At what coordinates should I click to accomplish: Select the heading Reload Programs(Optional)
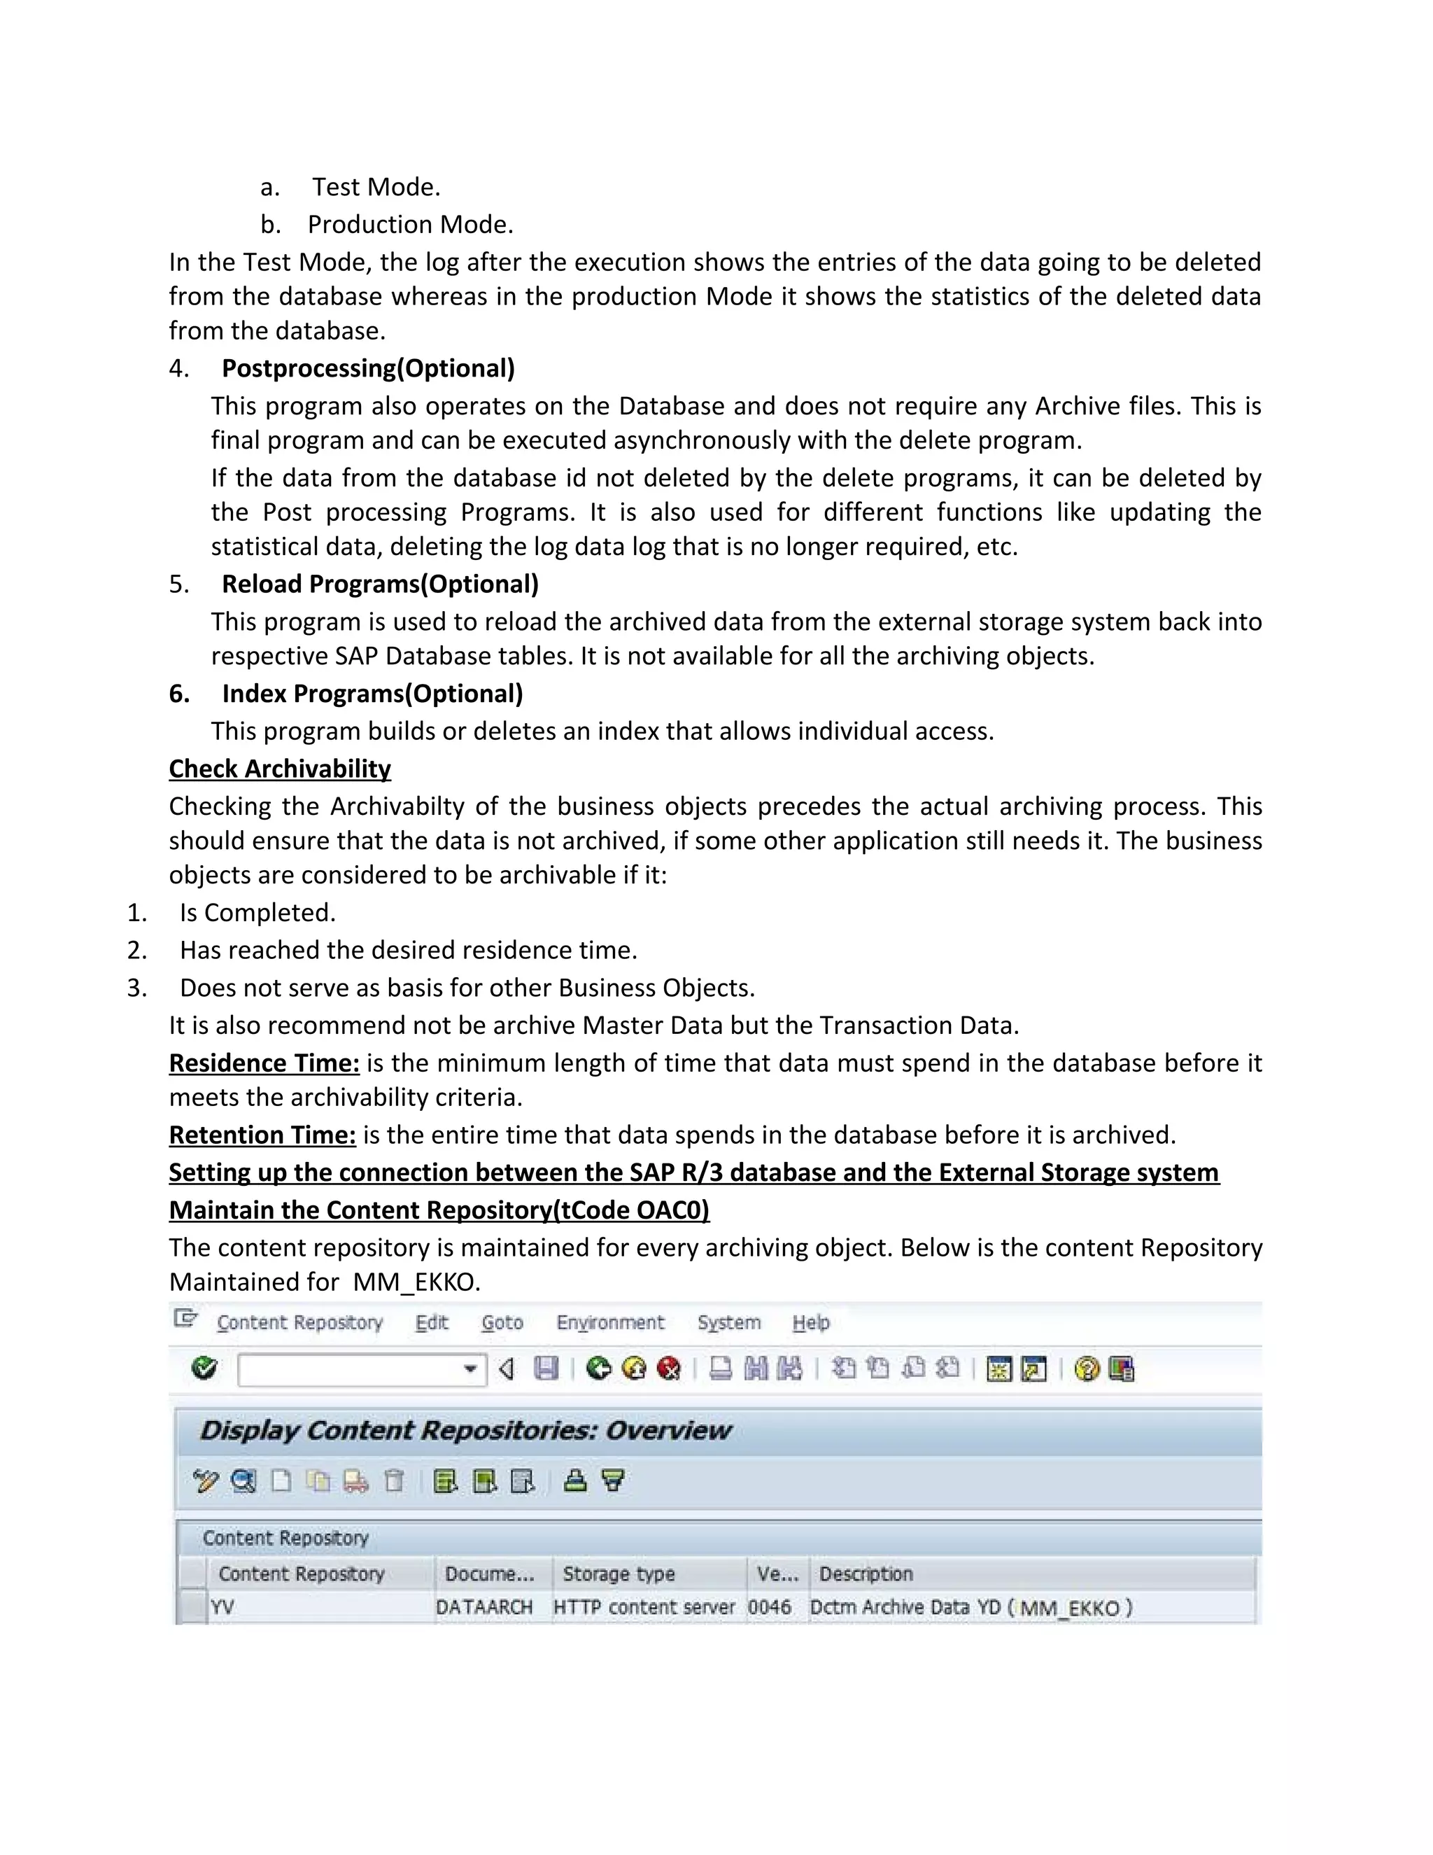click(379, 584)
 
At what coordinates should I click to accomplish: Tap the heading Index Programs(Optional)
click(372, 693)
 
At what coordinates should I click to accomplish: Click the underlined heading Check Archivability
click(279, 768)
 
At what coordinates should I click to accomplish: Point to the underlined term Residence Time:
click(264, 1063)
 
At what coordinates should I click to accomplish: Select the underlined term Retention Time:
click(262, 1135)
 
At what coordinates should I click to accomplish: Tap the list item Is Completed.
click(257, 912)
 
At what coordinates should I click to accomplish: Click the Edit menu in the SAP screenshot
click(431, 1322)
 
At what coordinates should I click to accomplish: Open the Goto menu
click(502, 1322)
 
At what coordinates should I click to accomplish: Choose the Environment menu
click(609, 1322)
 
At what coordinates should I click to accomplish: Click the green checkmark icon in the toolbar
click(204, 1368)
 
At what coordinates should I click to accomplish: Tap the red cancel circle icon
click(670, 1368)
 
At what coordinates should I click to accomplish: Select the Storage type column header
click(618, 1574)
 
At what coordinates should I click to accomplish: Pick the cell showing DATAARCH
click(484, 1607)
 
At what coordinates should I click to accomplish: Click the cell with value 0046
click(769, 1607)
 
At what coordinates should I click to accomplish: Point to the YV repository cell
click(223, 1607)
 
